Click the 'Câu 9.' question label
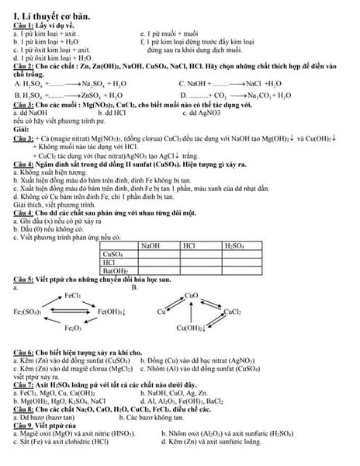coord(16,426)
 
